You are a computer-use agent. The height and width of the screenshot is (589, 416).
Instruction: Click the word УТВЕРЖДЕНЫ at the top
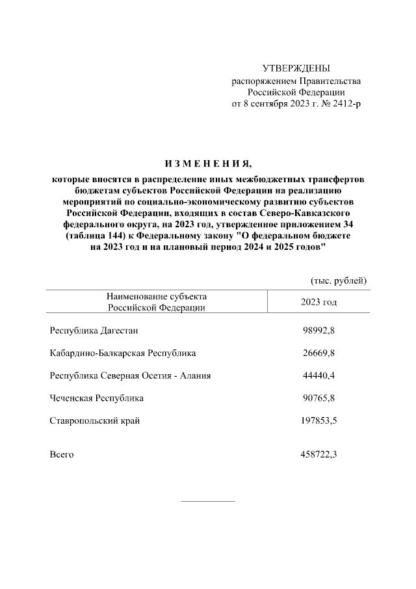point(296,68)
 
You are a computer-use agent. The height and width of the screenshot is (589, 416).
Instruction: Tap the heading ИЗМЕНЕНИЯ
point(208,163)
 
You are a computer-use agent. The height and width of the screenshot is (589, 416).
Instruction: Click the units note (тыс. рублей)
point(339,280)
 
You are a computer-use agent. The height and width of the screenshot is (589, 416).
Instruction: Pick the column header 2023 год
point(318,302)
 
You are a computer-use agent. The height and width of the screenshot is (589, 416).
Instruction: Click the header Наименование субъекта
point(157,296)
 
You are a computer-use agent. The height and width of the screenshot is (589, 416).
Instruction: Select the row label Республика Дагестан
point(94,331)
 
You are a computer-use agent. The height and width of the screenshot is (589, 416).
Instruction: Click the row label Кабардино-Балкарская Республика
point(123,353)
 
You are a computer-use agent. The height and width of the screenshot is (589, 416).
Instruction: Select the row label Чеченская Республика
point(96,398)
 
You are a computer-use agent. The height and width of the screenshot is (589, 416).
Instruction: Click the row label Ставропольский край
point(95,420)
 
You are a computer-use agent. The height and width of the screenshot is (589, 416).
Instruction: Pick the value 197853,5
point(318,420)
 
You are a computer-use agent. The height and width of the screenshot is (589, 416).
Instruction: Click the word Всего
point(62,454)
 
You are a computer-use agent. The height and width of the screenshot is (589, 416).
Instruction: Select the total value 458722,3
point(318,454)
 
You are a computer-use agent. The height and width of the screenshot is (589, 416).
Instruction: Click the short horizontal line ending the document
point(207,501)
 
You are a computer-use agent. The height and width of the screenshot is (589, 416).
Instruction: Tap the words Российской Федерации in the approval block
point(296,92)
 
